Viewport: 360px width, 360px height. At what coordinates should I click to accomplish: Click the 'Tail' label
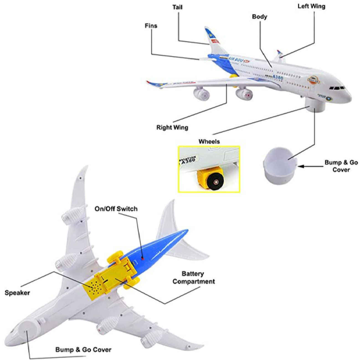pos(177,7)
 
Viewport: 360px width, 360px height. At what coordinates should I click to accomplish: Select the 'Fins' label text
pos(151,26)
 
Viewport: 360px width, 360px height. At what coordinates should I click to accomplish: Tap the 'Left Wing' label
pos(311,6)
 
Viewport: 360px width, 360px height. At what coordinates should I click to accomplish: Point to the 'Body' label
pos(259,17)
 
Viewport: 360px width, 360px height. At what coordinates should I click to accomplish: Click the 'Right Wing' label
pos(172,128)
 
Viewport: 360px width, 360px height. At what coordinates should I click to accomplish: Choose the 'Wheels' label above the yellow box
pos(209,142)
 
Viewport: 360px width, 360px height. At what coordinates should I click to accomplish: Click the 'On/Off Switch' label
pos(116,209)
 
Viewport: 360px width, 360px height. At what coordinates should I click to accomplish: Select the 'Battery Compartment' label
pos(194,277)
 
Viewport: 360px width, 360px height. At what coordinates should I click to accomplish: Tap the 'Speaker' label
pos(17,293)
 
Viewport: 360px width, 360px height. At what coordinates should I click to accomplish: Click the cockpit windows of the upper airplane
pos(337,88)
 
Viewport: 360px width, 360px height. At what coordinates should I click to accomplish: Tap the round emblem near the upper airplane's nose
pos(313,80)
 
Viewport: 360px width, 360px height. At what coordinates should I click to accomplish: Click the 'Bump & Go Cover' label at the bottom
pos(83,350)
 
